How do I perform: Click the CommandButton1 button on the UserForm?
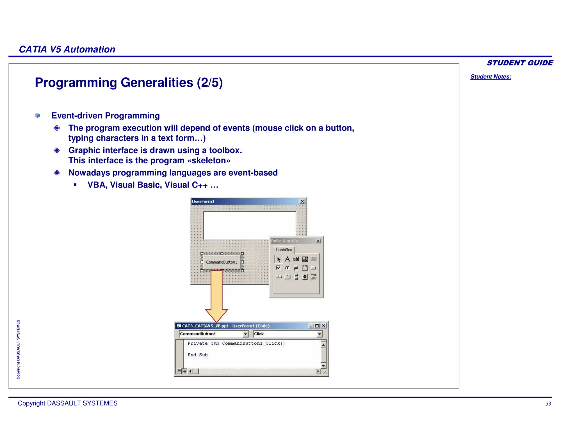pos(222,262)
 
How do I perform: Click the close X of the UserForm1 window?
pos(302,201)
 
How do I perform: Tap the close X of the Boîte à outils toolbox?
pos(318,241)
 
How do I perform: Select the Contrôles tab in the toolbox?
pos(284,250)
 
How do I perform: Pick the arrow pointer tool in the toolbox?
pos(279,259)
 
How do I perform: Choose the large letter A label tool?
pos(287,259)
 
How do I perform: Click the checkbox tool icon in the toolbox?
pos(278,268)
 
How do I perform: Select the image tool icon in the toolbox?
pos(314,277)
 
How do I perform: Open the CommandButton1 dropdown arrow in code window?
pos(245,334)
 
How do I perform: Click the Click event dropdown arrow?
pos(319,334)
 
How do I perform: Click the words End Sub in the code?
pos(197,355)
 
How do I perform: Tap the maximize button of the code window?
pos(317,326)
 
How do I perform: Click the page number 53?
pos(548,404)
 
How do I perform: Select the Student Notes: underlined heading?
pos(490,77)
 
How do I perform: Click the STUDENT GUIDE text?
pos(519,63)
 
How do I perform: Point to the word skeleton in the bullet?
pos(209,160)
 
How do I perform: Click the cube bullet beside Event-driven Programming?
pos(38,116)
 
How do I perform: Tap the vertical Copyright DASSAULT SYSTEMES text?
pos(18,349)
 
